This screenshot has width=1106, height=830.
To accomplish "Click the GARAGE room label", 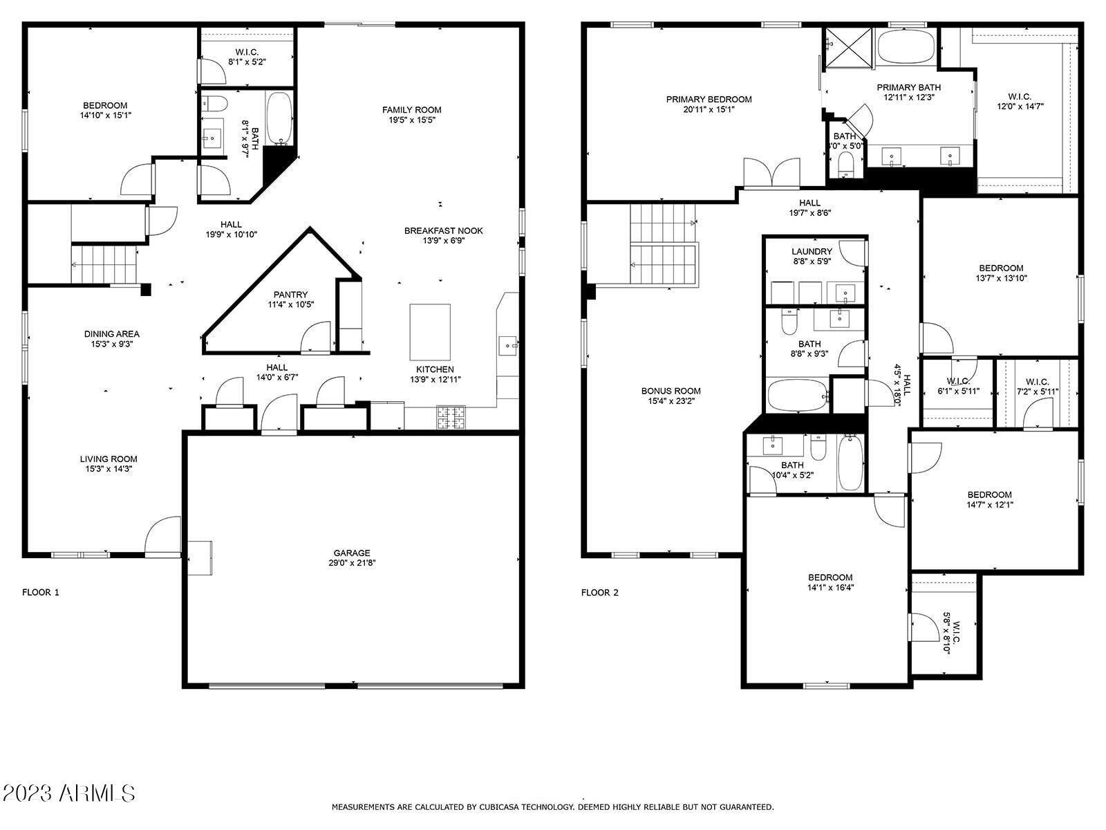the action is [x=352, y=553].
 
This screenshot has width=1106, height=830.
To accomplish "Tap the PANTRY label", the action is [x=291, y=295].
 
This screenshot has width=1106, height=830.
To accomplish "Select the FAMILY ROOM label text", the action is [x=412, y=110].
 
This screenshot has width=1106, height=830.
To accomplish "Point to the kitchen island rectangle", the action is [x=430, y=332].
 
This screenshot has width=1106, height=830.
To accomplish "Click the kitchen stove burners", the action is [x=451, y=418].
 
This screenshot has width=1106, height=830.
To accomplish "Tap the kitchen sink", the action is [x=507, y=346].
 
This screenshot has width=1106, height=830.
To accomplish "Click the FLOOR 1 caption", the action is [x=41, y=592].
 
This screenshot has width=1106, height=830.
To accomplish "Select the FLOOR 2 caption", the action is [x=599, y=593].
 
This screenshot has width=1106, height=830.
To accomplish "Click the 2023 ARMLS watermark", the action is [x=68, y=793].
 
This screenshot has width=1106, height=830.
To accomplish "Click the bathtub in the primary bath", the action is [x=907, y=46].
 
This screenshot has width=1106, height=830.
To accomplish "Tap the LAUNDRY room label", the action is [x=812, y=252].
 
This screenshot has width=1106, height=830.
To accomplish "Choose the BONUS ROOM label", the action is [x=671, y=391].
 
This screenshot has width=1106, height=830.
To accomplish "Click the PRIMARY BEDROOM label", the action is [x=709, y=100].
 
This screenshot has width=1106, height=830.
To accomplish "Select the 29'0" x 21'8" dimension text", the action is [x=352, y=563].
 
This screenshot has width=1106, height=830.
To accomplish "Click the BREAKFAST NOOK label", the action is [x=443, y=231].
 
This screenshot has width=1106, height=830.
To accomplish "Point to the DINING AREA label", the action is [x=112, y=334].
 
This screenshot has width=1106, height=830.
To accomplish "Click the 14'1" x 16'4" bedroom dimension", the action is [x=830, y=587].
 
